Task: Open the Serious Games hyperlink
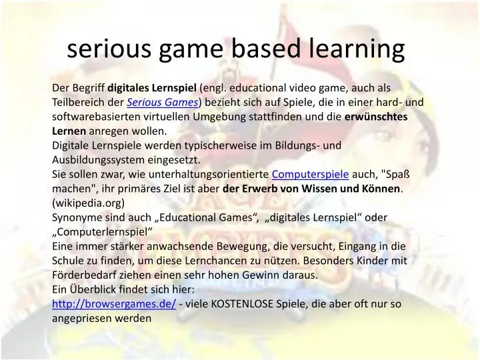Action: pos(163,103)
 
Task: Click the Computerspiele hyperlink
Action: pos(311,175)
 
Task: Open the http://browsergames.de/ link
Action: pos(114,304)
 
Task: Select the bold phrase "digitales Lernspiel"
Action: pos(152,88)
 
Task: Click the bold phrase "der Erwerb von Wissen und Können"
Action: pos(311,189)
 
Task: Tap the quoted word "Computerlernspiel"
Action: pos(103,232)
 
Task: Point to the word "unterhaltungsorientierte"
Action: pos(211,175)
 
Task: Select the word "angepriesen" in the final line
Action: pos(80,319)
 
